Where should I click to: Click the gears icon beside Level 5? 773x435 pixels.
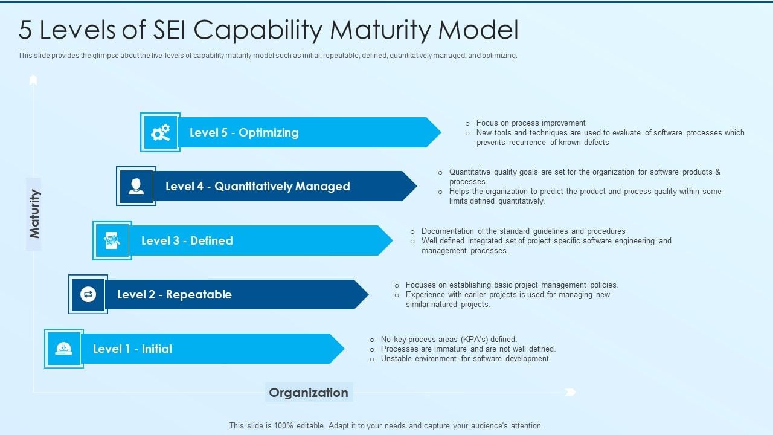160,132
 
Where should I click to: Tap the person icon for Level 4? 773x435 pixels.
136,186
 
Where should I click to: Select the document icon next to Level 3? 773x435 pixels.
112,240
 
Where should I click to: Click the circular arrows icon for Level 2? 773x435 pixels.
88,294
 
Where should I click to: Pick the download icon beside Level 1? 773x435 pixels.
63,349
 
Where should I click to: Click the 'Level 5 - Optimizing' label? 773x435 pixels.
244,132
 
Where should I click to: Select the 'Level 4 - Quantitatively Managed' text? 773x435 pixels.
257,186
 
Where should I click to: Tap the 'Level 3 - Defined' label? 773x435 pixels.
187,240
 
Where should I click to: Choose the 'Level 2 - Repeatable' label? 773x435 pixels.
174,294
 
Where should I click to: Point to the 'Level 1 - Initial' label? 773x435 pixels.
132,349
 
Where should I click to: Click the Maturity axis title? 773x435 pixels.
34,214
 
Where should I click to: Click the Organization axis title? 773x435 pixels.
309,393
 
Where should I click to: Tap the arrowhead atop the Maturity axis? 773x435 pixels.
33,80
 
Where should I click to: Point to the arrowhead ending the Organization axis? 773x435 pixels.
570,393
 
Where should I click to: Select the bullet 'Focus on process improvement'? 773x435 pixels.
530,123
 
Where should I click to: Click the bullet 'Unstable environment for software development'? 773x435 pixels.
464,359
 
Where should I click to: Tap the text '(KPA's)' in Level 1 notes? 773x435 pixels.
474,340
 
